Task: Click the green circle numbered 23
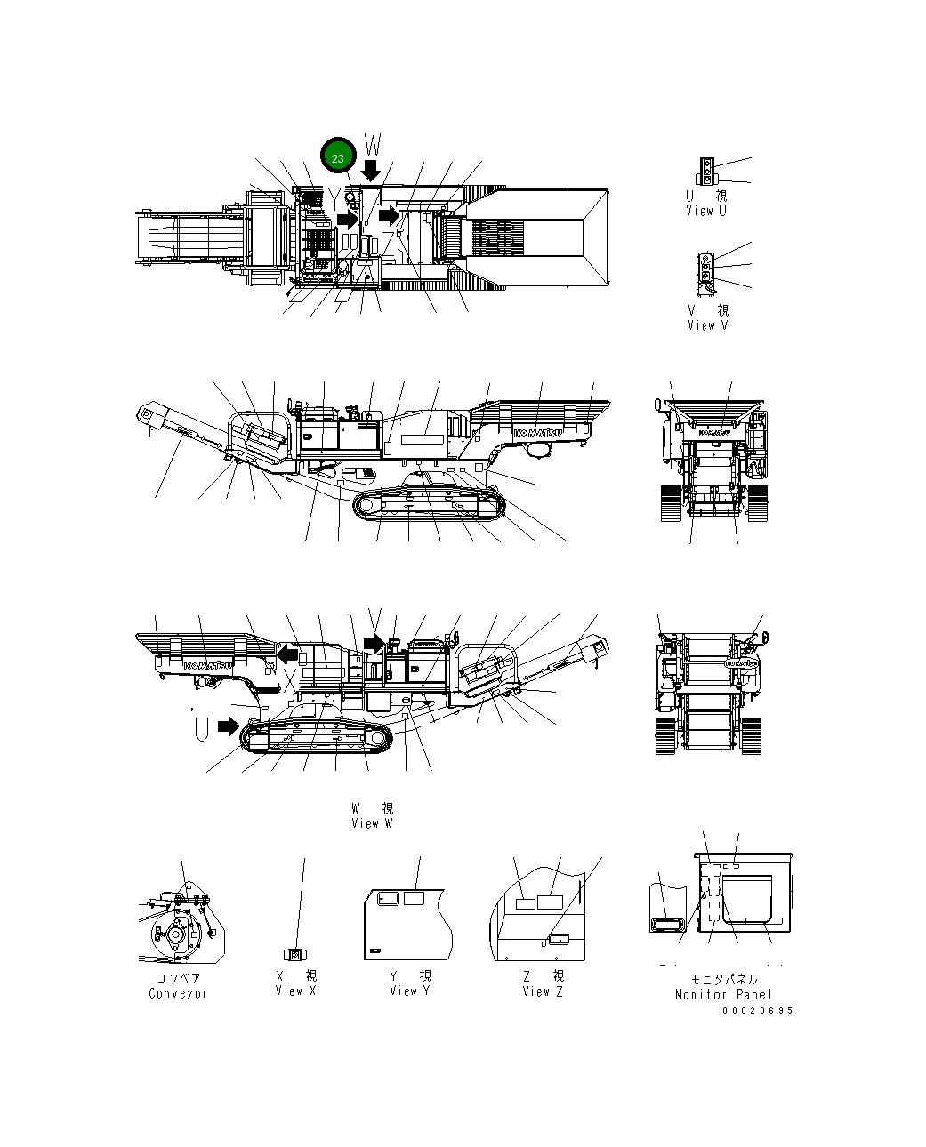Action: (x=338, y=157)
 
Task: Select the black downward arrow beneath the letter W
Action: (x=372, y=169)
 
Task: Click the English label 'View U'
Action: (x=706, y=211)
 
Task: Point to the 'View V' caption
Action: (x=707, y=325)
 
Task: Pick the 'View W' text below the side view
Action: (x=372, y=823)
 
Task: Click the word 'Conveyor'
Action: (x=178, y=993)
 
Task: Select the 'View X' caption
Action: (x=295, y=991)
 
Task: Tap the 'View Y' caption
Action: (x=409, y=991)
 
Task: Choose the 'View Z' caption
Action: (x=543, y=991)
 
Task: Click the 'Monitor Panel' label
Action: (x=723, y=994)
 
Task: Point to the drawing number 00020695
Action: (x=757, y=1010)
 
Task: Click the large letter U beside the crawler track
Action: (x=202, y=727)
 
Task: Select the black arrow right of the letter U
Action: (x=229, y=726)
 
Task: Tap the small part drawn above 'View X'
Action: (x=295, y=954)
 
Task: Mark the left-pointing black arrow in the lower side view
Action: (x=286, y=654)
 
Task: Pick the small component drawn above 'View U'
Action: (x=706, y=172)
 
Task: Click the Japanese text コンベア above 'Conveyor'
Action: (x=178, y=978)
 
